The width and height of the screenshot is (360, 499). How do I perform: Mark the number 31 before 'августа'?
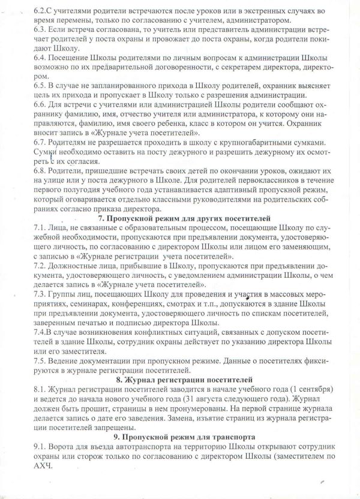tap(225, 400)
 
